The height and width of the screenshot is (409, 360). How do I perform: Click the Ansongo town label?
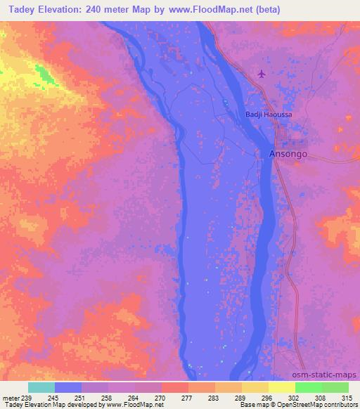click(288, 154)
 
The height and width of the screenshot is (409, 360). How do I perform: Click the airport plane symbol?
click(262, 73)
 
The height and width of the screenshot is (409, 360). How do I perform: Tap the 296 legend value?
click(268, 398)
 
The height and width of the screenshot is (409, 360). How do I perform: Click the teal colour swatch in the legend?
click(41, 387)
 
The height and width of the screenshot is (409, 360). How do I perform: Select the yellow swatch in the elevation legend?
click(281, 387)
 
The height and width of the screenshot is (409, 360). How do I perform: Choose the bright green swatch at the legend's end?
click(335, 387)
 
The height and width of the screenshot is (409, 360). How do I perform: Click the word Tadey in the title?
click(20, 10)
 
